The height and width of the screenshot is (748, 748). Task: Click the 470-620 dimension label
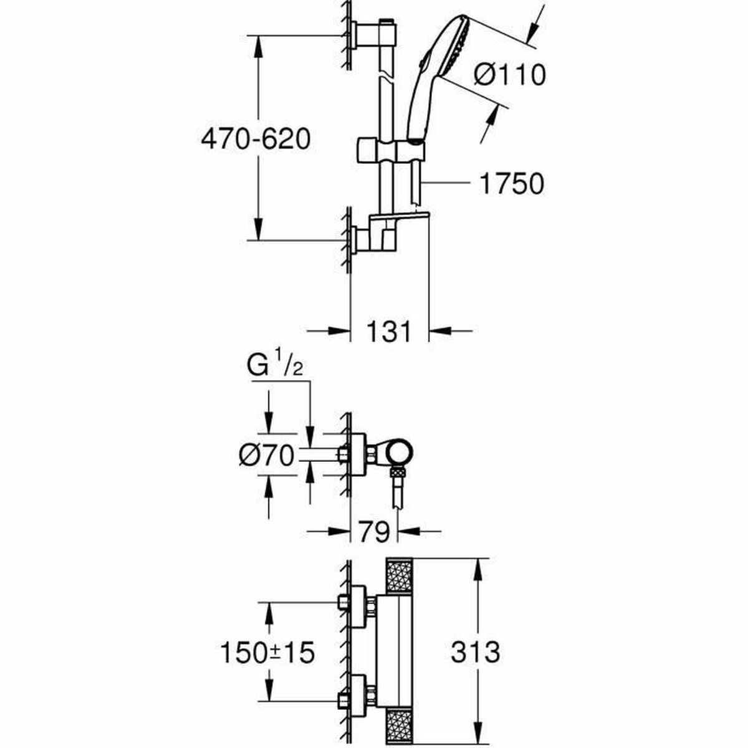click(x=255, y=139)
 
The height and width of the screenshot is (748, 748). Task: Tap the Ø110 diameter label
click(x=509, y=75)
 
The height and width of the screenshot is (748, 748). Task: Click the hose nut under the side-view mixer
click(x=395, y=473)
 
